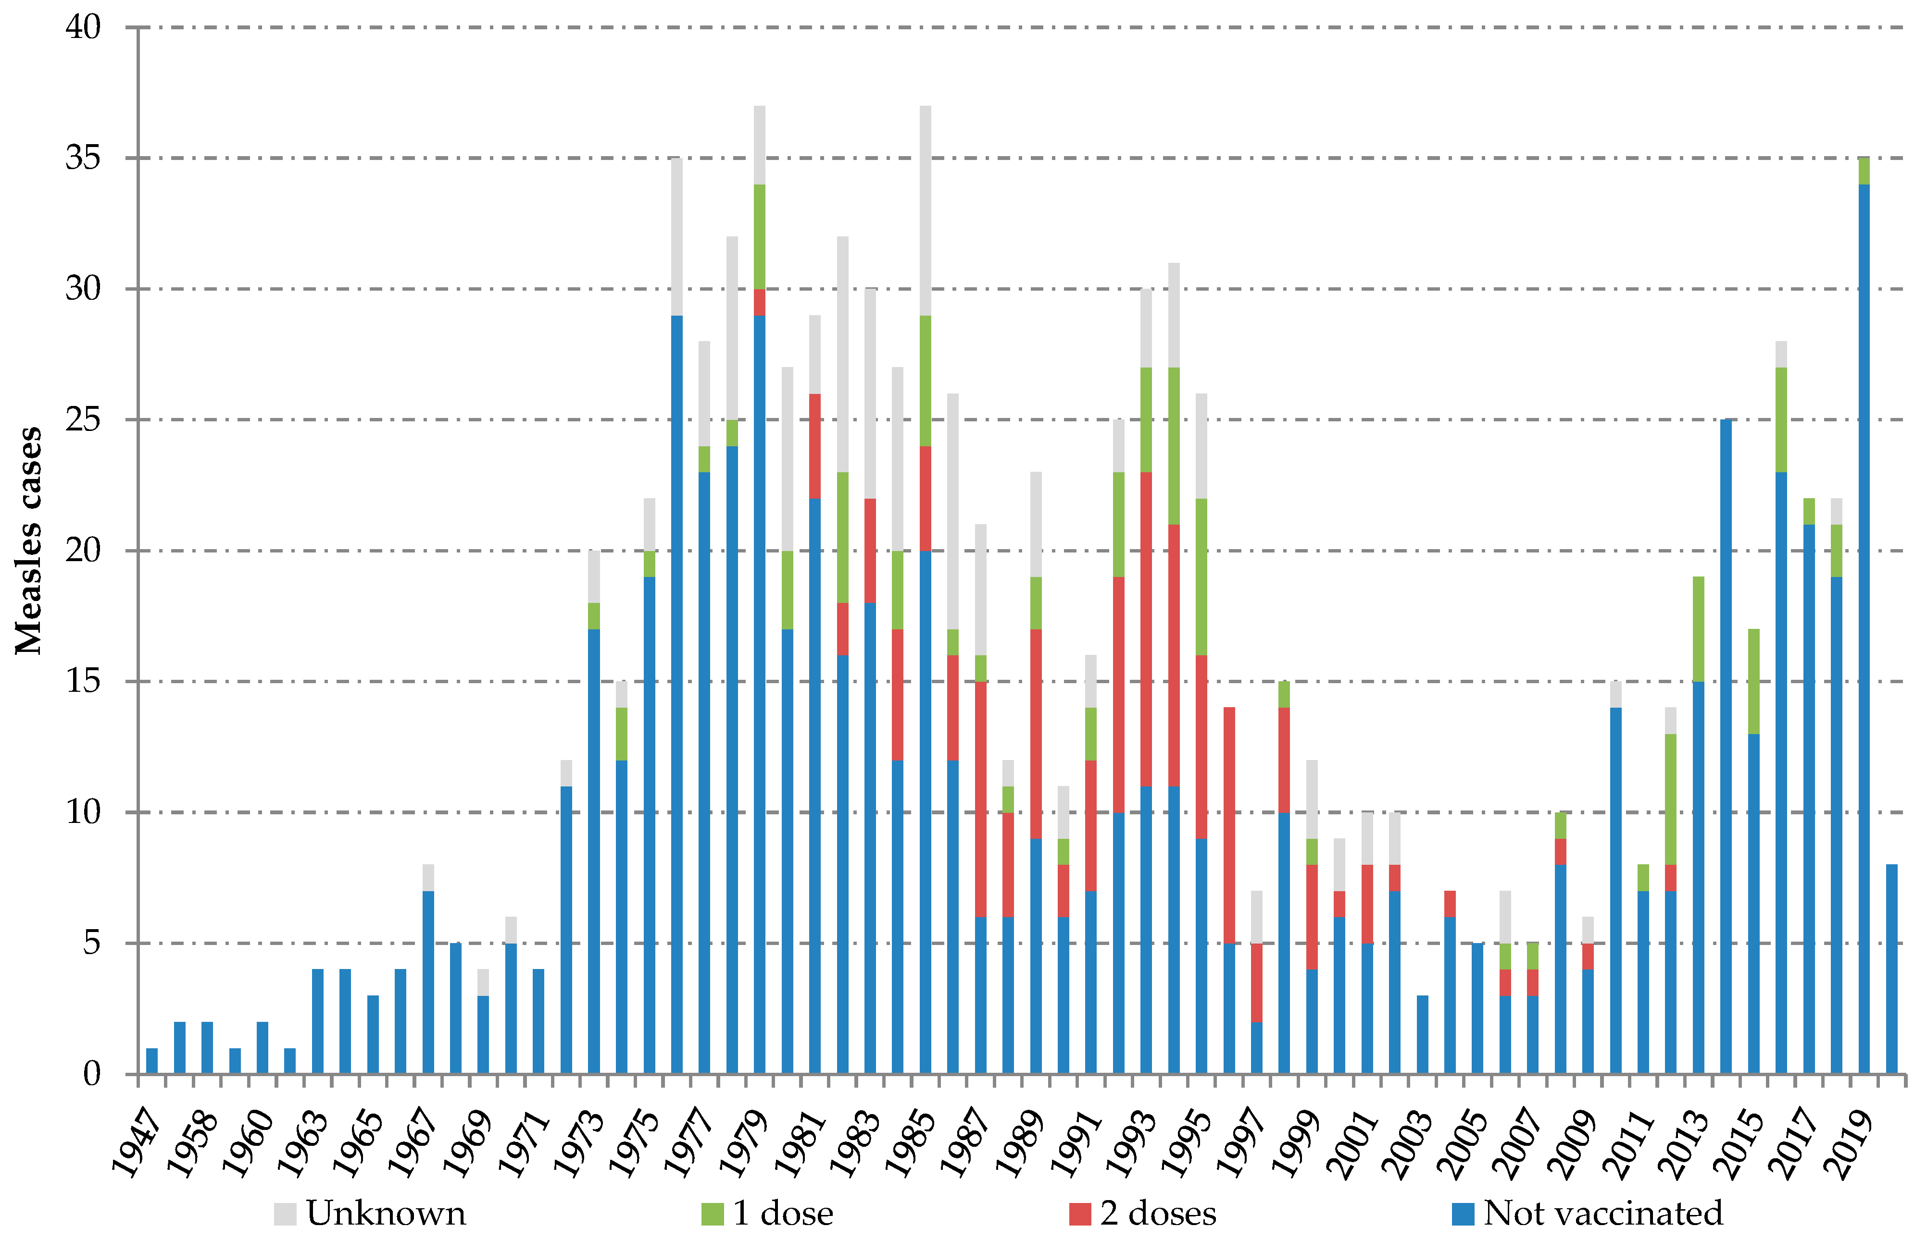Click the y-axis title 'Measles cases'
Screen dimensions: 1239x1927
pos(29,540)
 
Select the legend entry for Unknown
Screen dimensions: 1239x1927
pos(370,1213)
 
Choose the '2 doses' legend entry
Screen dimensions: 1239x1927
pos(1143,1213)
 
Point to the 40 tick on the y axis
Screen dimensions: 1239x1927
pos(83,27)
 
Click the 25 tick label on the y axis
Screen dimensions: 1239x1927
pos(83,420)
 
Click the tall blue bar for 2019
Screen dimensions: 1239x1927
pos(1864,627)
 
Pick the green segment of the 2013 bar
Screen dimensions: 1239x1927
pos(1699,629)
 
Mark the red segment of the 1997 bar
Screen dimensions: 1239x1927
pos(1256,982)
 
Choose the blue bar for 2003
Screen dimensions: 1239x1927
pos(1422,1035)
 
